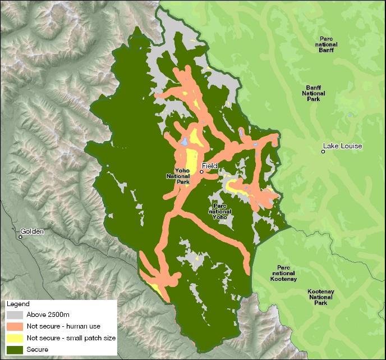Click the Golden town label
(32, 231)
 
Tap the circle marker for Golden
(20, 237)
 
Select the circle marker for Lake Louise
(324, 151)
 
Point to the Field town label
(209, 166)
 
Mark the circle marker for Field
(201, 172)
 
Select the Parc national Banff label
(326, 44)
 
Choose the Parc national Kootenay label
(283, 273)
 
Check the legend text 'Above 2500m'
(45, 314)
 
